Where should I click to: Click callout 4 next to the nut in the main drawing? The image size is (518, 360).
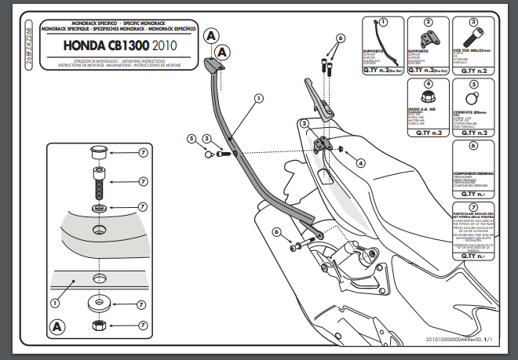[360, 163]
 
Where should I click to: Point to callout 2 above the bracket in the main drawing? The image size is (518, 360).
[304, 124]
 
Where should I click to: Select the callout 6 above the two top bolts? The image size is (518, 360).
[341, 38]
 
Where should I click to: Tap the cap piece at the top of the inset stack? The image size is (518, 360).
[100, 151]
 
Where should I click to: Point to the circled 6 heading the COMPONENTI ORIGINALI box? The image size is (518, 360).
[473, 145]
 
